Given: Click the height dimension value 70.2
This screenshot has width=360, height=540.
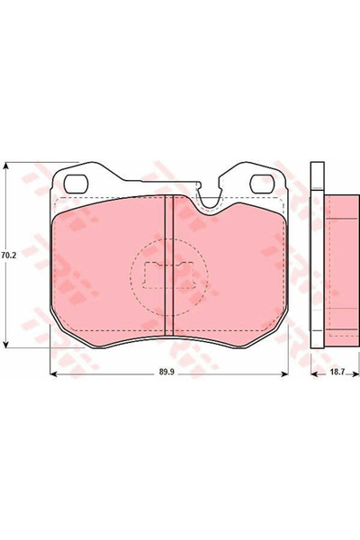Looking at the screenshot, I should click(x=8, y=256).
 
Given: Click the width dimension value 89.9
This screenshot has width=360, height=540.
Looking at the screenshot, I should click(x=167, y=370).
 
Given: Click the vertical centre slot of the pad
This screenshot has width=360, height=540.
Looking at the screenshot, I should click(x=167, y=265).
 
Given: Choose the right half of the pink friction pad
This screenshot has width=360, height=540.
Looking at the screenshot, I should click(x=238, y=270).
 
